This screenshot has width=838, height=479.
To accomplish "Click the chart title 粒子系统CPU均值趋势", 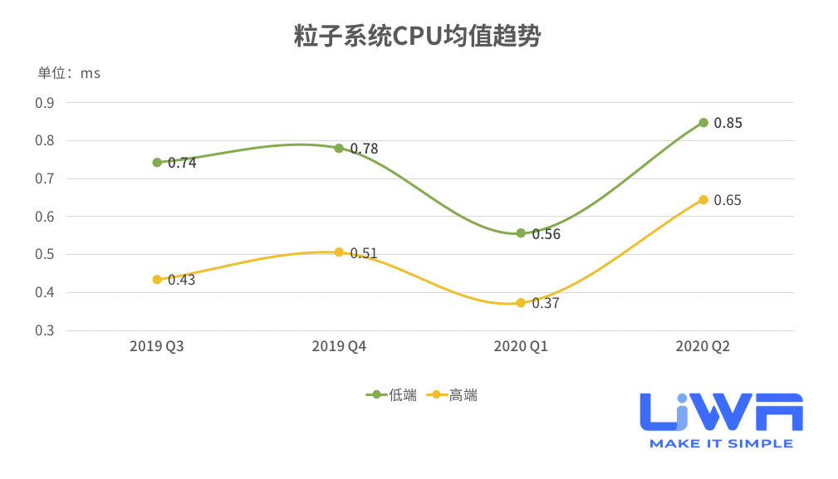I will click(419, 37).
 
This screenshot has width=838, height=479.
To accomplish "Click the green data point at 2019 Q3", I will click(157, 163).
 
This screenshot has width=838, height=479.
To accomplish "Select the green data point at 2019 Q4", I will click(339, 149).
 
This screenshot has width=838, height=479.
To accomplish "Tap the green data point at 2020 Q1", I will click(521, 233).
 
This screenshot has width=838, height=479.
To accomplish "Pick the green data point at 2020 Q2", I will click(703, 123).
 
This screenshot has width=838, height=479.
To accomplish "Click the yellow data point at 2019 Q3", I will click(157, 280).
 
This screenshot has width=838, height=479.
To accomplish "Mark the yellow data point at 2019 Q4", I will click(339, 252).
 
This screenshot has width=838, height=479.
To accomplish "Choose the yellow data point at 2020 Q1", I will click(521, 303).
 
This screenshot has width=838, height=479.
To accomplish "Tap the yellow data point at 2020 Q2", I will click(703, 200).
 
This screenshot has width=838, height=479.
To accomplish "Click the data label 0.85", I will click(728, 123).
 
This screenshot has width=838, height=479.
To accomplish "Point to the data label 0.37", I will click(546, 304).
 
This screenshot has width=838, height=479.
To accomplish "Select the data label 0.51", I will click(364, 253).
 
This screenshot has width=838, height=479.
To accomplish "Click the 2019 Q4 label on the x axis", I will click(339, 346).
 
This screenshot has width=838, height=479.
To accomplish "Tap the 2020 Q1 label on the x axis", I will click(521, 346).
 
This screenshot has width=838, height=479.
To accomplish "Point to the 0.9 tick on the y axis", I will click(44, 103).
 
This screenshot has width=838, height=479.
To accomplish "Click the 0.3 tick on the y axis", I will click(44, 330).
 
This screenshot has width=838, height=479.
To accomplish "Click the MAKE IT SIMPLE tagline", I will click(721, 444).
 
